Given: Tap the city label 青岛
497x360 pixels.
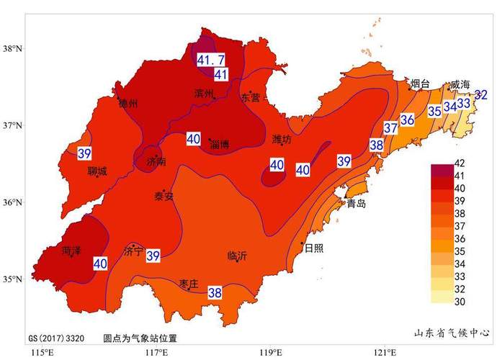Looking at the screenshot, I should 356,204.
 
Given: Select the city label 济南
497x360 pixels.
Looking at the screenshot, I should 156,162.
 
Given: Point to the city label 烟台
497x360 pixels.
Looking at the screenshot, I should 420,84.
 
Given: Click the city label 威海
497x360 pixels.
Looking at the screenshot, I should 460,85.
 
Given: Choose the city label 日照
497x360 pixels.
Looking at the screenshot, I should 313,248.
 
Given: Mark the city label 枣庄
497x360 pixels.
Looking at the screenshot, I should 189,282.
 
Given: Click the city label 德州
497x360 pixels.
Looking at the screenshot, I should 128,104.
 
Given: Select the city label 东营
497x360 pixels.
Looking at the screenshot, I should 251,96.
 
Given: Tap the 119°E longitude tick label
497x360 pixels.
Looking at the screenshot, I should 270,352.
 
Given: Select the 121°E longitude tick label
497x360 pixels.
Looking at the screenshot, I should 384,352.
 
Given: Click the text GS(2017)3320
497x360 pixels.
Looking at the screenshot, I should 57,337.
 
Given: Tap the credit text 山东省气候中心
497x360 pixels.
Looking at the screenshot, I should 452,333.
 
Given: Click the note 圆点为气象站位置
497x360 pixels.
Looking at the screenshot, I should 140,337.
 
